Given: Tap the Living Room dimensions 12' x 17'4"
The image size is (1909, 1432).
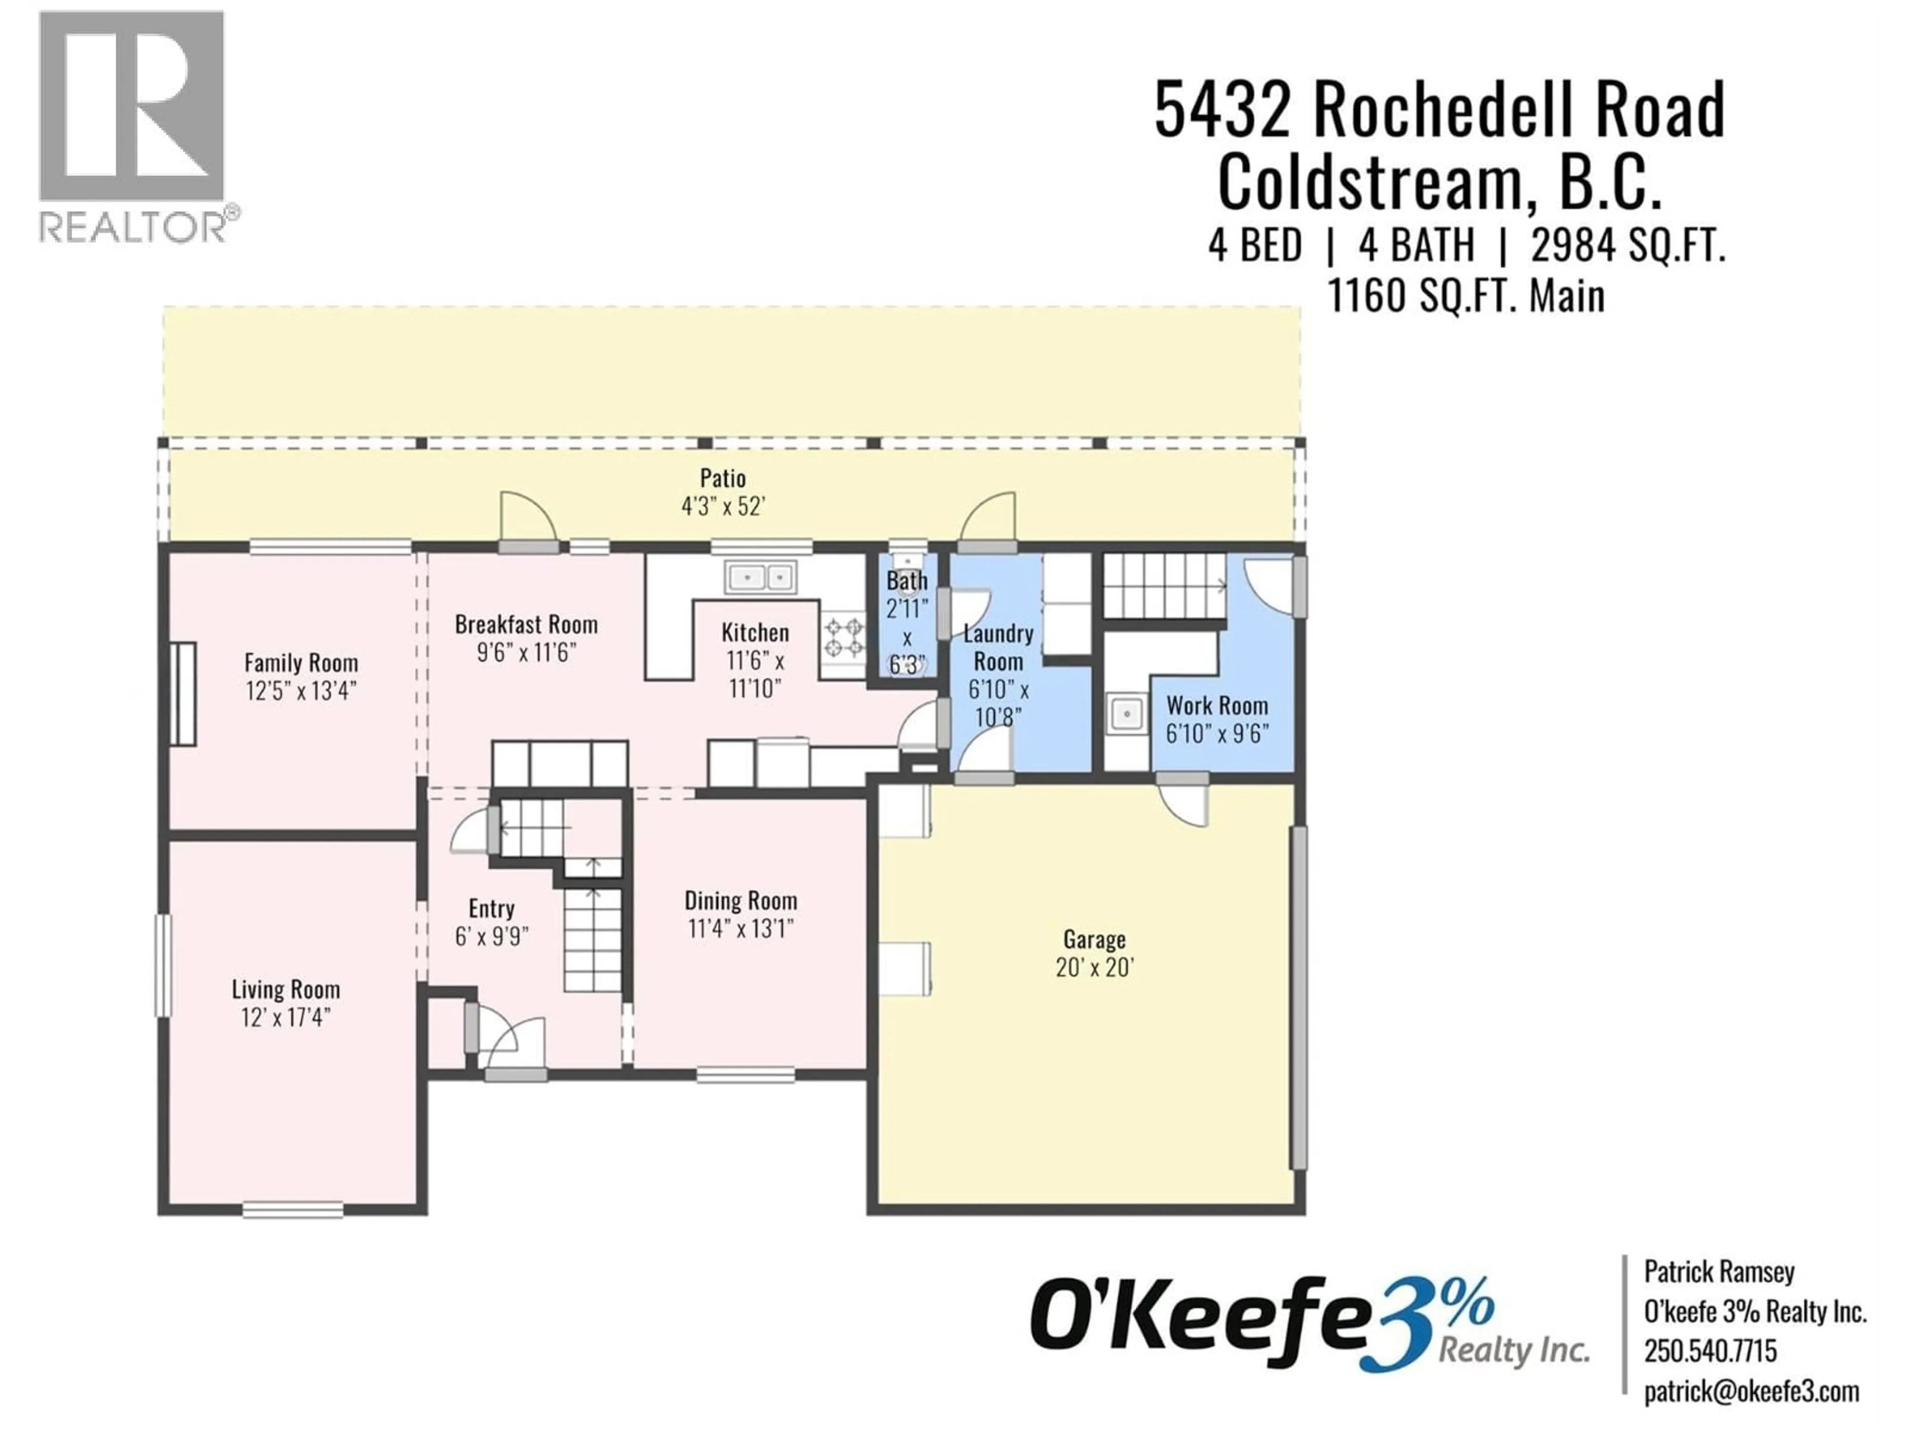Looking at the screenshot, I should (286, 1018).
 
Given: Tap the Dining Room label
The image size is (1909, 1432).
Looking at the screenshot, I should (740, 901).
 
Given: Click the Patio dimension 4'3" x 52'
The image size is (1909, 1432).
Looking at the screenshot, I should (723, 507).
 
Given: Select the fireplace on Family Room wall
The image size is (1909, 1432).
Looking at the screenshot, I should (183, 694).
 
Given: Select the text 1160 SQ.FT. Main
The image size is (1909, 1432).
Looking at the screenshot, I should (1466, 296).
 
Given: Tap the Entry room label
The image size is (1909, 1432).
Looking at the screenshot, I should (491, 908).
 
